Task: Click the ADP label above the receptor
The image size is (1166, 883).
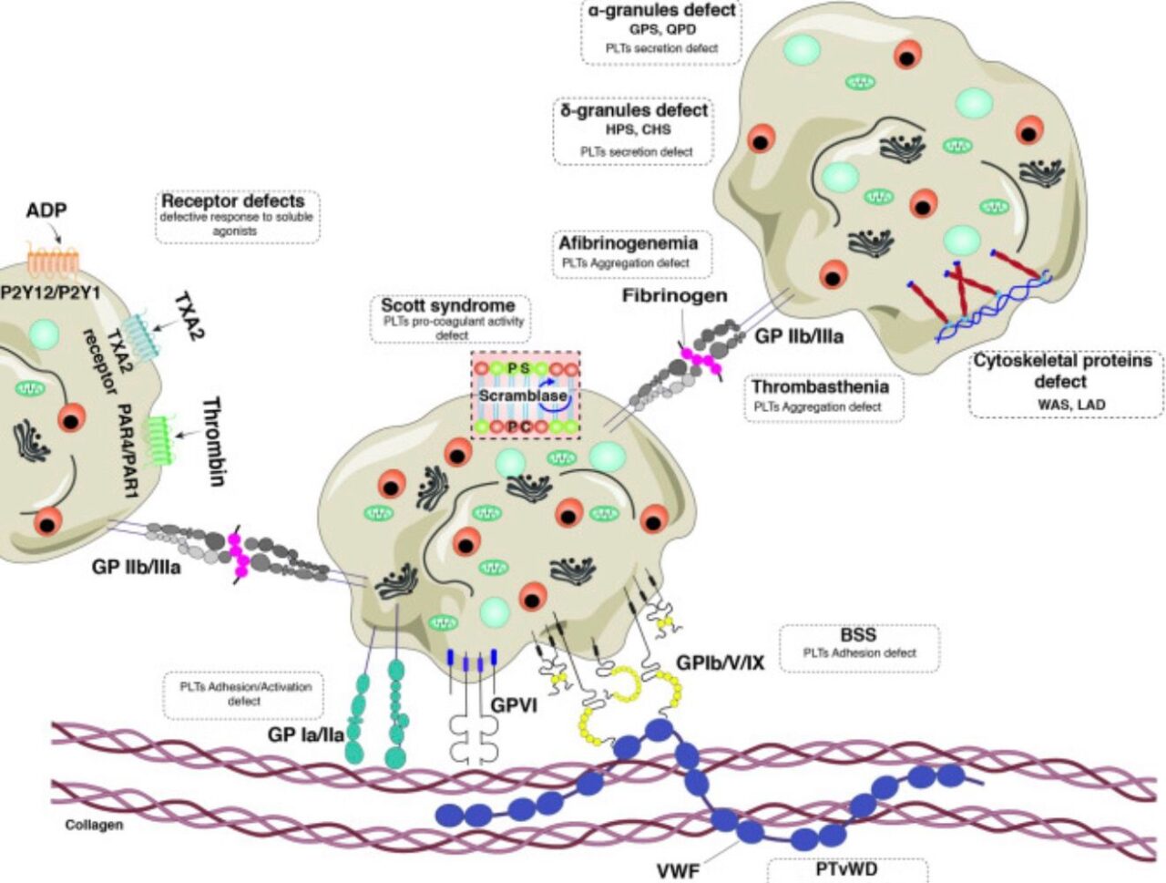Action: tap(46, 210)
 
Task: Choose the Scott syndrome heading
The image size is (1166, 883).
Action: tap(447, 305)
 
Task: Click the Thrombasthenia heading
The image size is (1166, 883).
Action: tap(820, 387)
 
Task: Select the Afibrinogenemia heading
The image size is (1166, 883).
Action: tap(628, 243)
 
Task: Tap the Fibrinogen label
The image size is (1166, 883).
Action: tap(674, 296)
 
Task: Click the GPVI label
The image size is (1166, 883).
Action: tap(514, 704)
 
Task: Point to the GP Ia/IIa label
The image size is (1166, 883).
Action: tap(305, 734)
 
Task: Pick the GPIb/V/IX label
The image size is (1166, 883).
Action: tap(720, 662)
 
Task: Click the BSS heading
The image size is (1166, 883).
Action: tap(858, 634)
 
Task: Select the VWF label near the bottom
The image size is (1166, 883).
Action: tap(678, 870)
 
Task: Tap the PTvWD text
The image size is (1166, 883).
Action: tap(846, 868)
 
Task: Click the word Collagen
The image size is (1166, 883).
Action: tap(94, 825)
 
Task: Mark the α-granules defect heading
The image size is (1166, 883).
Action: tap(661, 11)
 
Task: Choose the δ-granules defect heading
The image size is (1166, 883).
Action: tap(634, 110)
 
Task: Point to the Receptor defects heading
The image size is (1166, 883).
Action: tap(233, 200)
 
